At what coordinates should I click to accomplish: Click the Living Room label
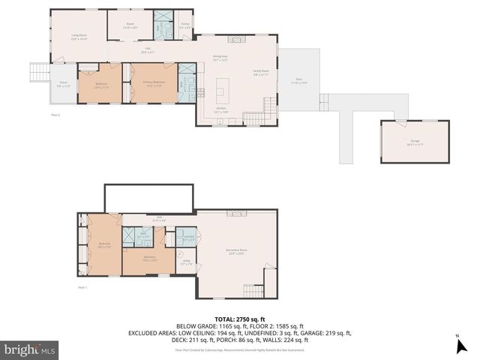tap(79, 37)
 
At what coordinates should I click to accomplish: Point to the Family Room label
tap(261, 73)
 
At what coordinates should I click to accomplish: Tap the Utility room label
tap(186, 262)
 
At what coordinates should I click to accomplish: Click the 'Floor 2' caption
tap(55, 115)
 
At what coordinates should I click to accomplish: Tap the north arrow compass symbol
tap(458, 346)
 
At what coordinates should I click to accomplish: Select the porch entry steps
tap(38, 72)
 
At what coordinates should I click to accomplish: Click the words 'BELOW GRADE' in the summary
tap(193, 326)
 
